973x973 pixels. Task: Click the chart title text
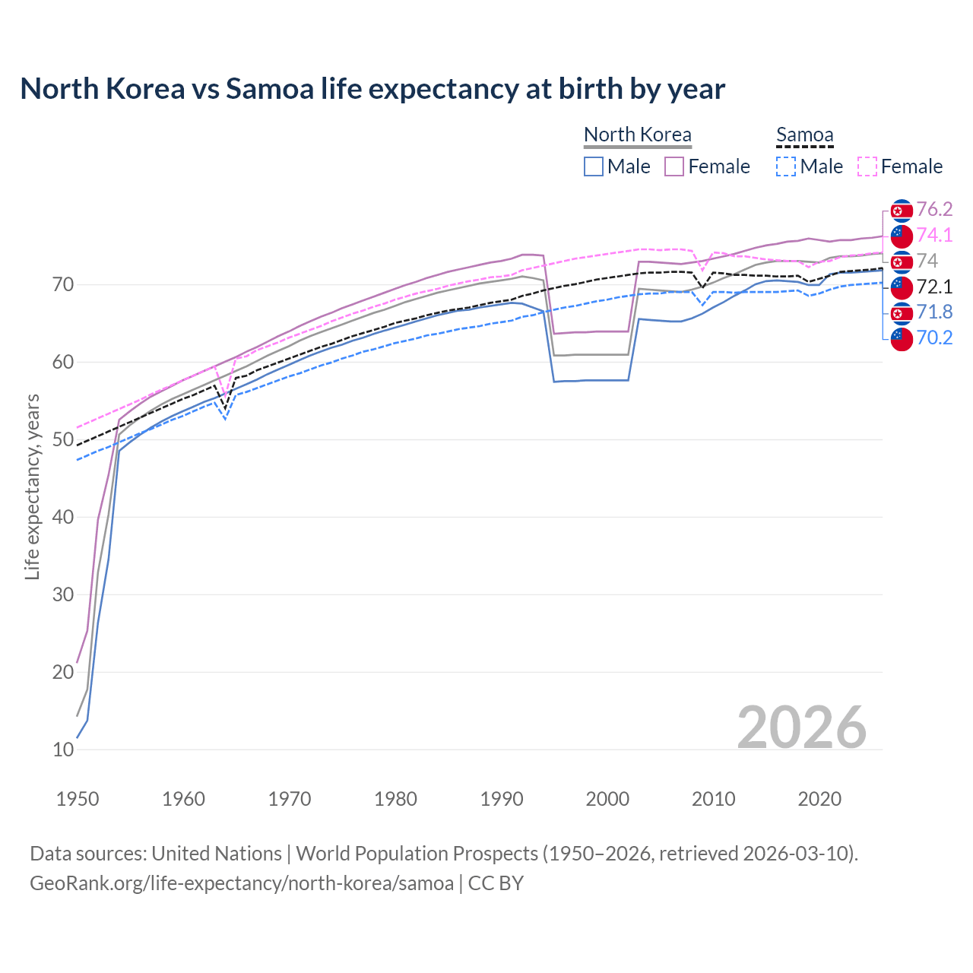click(372, 89)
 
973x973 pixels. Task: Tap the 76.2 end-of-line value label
click(934, 209)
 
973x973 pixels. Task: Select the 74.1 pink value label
click(934, 235)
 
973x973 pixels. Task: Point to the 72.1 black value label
click(934, 287)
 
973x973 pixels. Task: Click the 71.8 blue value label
click(934, 312)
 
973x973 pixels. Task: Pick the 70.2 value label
click(934, 338)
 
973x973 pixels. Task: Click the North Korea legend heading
click(638, 135)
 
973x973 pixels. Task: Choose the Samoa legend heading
click(805, 135)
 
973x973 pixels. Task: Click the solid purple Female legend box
click(674, 166)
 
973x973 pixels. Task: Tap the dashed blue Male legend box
click(787, 166)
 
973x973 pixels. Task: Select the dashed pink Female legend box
click(867, 166)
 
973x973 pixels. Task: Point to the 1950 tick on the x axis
click(78, 799)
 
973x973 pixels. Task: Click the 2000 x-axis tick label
click(607, 799)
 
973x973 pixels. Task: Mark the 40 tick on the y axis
click(64, 518)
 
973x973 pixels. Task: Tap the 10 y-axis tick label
click(64, 750)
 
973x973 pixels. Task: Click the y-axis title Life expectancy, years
click(32, 486)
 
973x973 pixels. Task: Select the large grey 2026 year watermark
click(802, 727)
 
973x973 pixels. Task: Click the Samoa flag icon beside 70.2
click(902, 339)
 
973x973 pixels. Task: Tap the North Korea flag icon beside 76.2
click(902, 211)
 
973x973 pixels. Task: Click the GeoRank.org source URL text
click(242, 883)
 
